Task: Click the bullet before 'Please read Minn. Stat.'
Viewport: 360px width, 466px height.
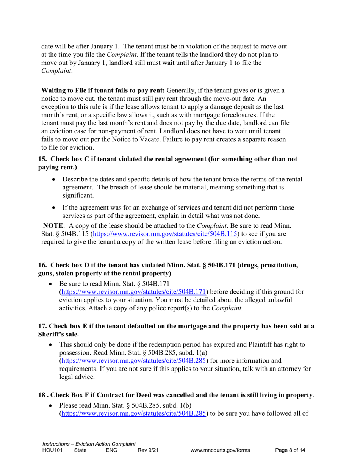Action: tap(53, 405)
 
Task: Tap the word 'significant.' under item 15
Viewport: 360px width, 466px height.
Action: tap(77, 195)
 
